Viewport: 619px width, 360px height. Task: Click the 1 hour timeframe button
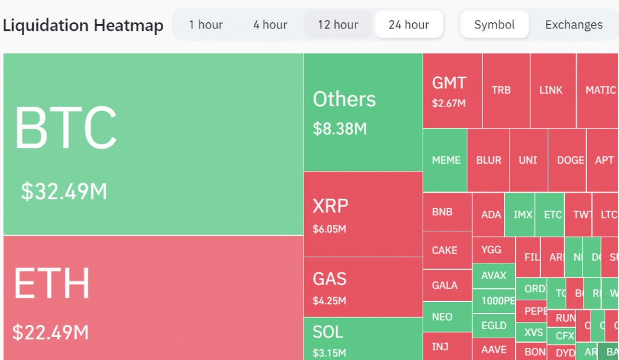pyautogui.click(x=206, y=25)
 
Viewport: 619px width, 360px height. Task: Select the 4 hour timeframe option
pyautogui.click(x=270, y=25)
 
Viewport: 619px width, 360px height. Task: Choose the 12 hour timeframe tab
pyautogui.click(x=338, y=25)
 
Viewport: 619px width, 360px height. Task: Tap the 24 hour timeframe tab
pyautogui.click(x=409, y=25)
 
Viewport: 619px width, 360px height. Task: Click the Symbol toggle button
pyautogui.click(x=494, y=25)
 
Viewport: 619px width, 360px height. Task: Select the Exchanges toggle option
pyautogui.click(x=574, y=25)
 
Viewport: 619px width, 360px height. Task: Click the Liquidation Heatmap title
pyautogui.click(x=83, y=25)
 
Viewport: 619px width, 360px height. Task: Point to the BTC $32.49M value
pyautogui.click(x=64, y=191)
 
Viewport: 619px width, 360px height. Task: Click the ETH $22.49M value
pyautogui.click(x=51, y=332)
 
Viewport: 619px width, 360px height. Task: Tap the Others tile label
pyautogui.click(x=344, y=100)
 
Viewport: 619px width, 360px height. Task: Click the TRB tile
pyautogui.click(x=501, y=90)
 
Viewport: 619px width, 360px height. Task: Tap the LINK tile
pyautogui.click(x=551, y=90)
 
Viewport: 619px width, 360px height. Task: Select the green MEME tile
pyautogui.click(x=446, y=160)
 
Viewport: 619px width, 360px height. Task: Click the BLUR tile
pyautogui.click(x=488, y=160)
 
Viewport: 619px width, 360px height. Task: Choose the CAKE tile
pyautogui.click(x=445, y=250)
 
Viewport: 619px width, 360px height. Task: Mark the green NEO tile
pyautogui.click(x=442, y=317)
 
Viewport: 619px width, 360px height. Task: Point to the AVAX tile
pyautogui.click(x=494, y=275)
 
